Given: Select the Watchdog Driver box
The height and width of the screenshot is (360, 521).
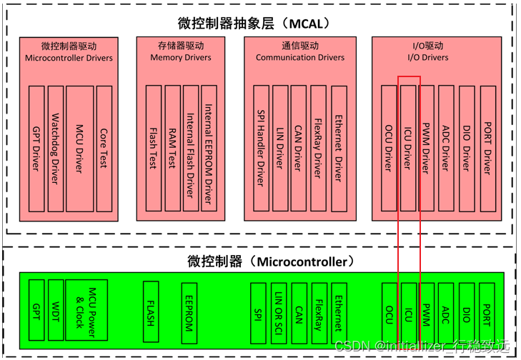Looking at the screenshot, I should [x=56, y=149].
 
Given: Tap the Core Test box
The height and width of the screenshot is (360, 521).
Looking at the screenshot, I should [x=104, y=149].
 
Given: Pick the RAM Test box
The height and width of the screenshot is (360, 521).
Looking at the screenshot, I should [x=172, y=149].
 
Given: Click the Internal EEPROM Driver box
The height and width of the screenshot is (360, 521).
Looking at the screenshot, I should [x=209, y=149].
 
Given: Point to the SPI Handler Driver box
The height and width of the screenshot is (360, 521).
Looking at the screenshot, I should [x=261, y=149].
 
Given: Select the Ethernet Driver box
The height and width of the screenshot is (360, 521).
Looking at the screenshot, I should [x=338, y=149].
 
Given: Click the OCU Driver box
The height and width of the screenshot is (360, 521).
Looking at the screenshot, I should [x=389, y=149].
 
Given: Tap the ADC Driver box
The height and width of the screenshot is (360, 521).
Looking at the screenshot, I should [x=446, y=149].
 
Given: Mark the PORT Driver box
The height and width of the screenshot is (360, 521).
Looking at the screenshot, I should [x=487, y=149].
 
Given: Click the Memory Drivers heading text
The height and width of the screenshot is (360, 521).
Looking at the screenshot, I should [x=182, y=58].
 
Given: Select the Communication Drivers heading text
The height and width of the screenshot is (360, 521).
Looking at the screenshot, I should [x=300, y=58].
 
